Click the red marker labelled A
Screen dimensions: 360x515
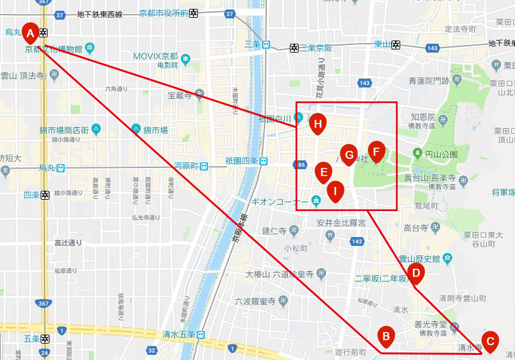pyautogui.click(x=30, y=32)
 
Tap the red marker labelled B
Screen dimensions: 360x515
pyautogui.click(x=385, y=336)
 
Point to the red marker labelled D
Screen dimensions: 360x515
pyautogui.click(x=416, y=274)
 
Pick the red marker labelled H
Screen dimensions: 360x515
pyautogui.click(x=318, y=124)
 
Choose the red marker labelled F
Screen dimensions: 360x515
pyautogui.click(x=376, y=151)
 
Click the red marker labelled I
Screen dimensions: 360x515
pyautogui.click(x=336, y=190)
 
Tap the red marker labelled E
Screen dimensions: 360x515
pyautogui.click(x=323, y=172)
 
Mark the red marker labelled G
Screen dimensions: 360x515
pyautogui.click(x=348, y=155)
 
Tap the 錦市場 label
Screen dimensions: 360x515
pyautogui.click(x=155, y=130)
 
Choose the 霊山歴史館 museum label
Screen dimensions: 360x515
pyautogui.click(x=419, y=258)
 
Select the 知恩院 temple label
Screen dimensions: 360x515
pyautogui.click(x=422, y=117)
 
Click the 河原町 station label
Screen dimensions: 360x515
pyautogui.click(x=186, y=166)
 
